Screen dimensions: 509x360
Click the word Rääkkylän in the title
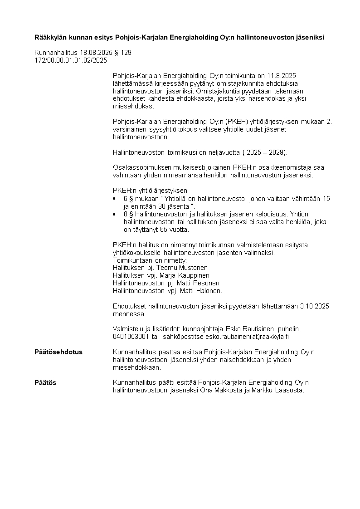51,37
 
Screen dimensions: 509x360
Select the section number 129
126,53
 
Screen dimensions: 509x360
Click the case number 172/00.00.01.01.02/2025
71,60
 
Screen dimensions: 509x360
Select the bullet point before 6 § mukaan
114,199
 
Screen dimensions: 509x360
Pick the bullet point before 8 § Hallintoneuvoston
114,214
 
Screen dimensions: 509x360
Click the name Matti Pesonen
194,283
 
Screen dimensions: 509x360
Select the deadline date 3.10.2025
314,306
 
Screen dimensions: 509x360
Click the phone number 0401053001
131,337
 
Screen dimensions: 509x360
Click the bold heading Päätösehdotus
58,352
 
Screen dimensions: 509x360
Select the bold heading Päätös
45,382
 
